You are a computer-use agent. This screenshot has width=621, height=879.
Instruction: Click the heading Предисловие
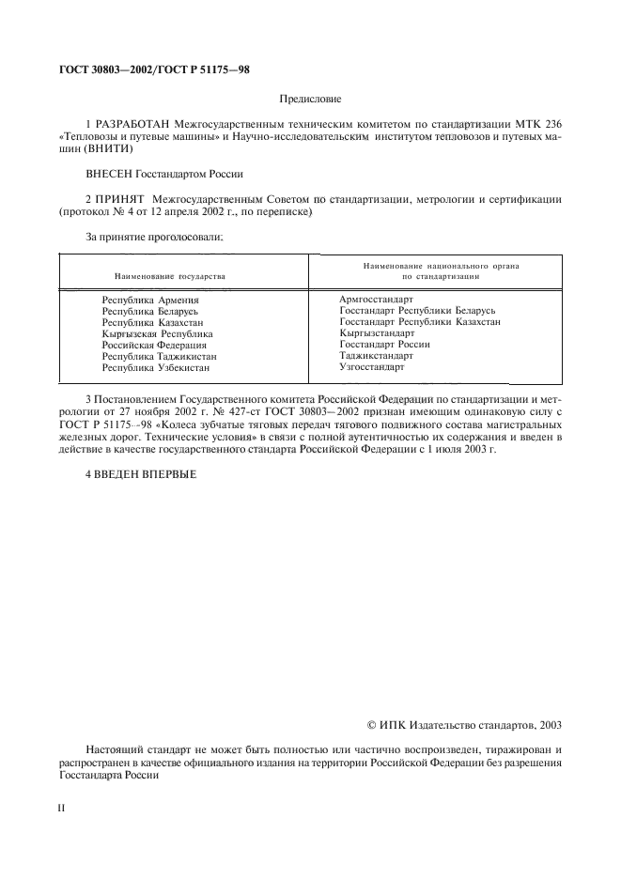pyautogui.click(x=311, y=98)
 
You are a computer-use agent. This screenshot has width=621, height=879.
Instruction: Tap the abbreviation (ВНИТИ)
pyautogui.click(x=108, y=148)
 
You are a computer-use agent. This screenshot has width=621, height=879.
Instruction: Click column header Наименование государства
pyautogui.click(x=170, y=277)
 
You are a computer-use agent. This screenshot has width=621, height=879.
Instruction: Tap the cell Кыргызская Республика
pyautogui.click(x=157, y=333)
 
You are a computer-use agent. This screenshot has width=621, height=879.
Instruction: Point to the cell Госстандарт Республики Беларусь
pyautogui.click(x=417, y=310)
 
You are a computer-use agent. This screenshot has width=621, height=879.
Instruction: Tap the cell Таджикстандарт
pyautogui.click(x=376, y=355)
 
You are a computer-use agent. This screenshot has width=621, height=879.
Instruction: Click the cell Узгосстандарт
pyautogui.click(x=372, y=366)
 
